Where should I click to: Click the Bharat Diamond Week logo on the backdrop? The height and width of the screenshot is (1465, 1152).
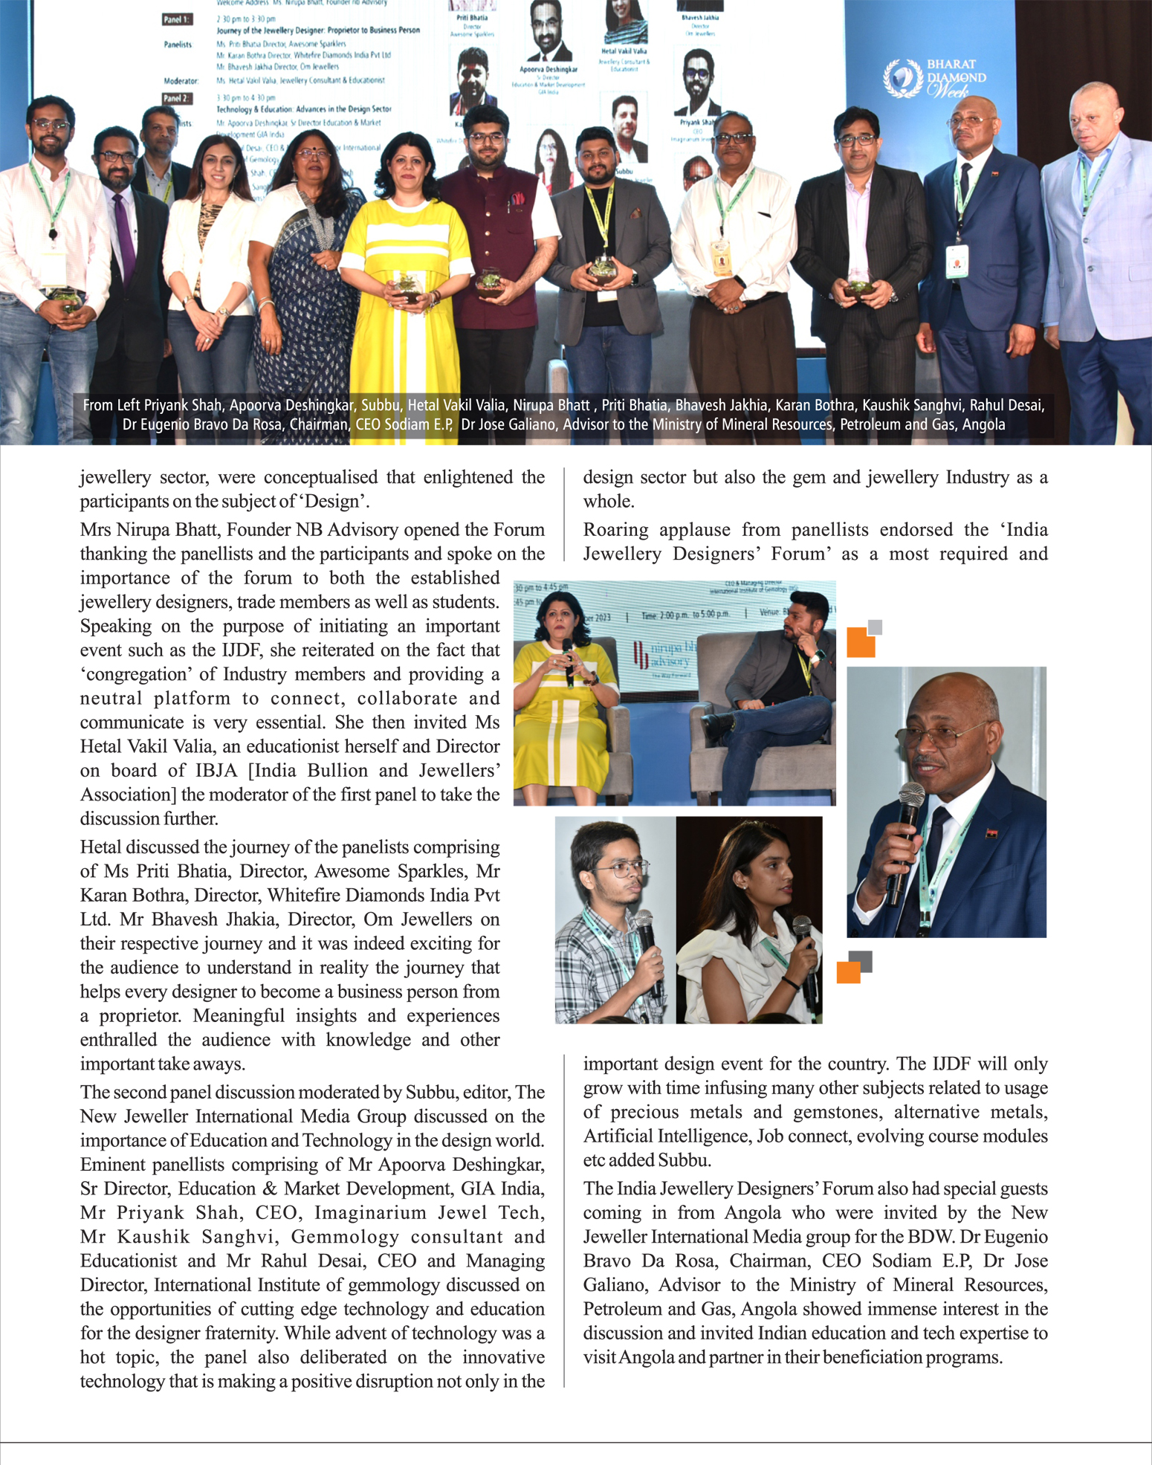click(x=934, y=79)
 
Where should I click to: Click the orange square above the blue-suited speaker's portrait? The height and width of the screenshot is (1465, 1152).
click(x=861, y=642)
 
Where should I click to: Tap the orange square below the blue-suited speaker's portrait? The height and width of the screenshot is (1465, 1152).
click(x=848, y=972)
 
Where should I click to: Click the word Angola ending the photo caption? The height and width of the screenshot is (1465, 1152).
click(x=983, y=425)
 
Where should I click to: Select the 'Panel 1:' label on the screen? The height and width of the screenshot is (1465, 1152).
click(x=177, y=19)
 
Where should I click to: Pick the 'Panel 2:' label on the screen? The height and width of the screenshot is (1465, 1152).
click(x=177, y=98)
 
